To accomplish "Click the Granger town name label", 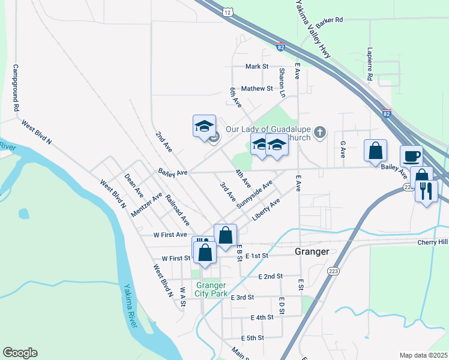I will tap(312, 252).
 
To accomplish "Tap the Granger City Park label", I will tap(211, 289).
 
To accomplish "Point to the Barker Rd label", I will tap(330, 20).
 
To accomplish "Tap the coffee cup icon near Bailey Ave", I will tap(411, 156).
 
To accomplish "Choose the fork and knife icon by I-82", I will tap(427, 191).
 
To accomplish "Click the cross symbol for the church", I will tap(321, 131).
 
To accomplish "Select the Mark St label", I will tap(256, 67).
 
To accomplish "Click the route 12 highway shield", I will tap(226, 12).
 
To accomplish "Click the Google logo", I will tap(20, 353).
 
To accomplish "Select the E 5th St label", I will tap(253, 338).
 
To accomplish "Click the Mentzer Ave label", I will tap(146, 205).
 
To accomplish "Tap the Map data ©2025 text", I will tap(423, 355).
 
